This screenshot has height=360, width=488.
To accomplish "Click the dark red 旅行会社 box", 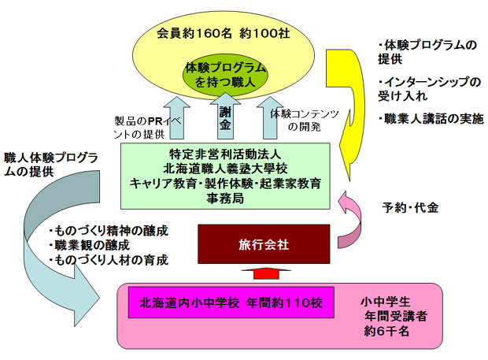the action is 264,244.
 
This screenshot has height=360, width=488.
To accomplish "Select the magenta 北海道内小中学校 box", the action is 231,302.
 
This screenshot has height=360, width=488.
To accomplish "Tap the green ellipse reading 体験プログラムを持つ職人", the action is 225,75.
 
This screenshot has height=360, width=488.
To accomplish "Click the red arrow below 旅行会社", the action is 266,273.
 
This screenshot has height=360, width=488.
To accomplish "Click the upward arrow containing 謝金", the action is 225,117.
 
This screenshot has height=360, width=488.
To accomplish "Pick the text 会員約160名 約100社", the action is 224,33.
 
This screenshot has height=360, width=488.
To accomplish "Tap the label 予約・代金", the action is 411,207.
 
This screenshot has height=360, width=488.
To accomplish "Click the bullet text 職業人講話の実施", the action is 431,119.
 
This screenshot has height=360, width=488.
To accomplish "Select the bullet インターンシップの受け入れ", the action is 430,89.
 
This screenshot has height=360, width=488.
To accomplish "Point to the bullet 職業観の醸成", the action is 89,245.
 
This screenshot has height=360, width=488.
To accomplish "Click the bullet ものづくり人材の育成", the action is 109,260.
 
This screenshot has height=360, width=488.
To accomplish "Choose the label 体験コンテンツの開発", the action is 304,121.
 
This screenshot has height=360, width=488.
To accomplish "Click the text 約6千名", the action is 386,331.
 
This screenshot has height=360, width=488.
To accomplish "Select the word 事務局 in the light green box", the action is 225,198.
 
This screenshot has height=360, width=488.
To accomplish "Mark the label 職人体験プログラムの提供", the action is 51,165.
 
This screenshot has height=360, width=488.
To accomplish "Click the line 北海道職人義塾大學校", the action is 225,169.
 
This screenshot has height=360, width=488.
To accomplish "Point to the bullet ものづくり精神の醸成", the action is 109,231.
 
